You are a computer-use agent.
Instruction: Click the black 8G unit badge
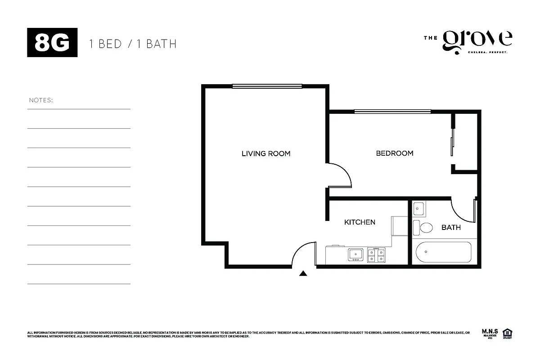tap(53, 43)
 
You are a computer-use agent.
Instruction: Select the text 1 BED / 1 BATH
tap(133, 44)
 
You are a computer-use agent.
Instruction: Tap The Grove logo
tap(468, 42)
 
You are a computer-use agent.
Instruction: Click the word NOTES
tap(41, 100)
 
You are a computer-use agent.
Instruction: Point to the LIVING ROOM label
tap(266, 153)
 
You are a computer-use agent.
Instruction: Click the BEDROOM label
tap(394, 153)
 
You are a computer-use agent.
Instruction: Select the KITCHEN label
tap(360, 222)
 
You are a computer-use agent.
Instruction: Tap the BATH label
tap(450, 227)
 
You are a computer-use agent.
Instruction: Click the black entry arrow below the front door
tap(303, 273)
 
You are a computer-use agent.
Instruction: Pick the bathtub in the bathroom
tap(443, 252)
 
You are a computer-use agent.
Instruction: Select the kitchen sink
tap(355, 255)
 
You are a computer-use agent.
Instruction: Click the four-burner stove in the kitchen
tap(376, 255)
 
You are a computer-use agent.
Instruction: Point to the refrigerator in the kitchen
tap(399, 225)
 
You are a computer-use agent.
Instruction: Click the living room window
tap(267, 86)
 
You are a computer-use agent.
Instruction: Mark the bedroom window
tap(392, 111)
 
